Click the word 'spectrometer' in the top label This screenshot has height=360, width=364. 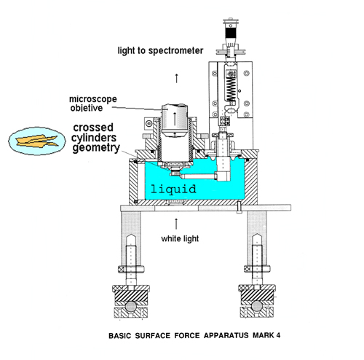pos(175,51)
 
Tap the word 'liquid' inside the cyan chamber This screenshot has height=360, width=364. pos(173,189)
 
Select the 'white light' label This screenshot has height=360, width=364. pos(180,238)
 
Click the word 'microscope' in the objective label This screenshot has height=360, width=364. pos(93,99)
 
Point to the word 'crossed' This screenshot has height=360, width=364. pos(93,128)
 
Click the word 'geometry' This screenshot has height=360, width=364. pos(96,148)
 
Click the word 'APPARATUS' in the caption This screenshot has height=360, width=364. pos(226,335)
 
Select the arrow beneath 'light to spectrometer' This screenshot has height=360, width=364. pos(177,78)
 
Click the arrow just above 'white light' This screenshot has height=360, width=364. pos(176,224)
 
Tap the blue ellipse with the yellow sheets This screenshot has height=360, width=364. pos(37,141)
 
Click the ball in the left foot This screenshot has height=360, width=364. pos(131,306)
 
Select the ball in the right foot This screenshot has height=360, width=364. pos(257,306)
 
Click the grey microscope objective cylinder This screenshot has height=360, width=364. pos(175,120)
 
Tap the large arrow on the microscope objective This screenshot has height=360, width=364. pos(175,119)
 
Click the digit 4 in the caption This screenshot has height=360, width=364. pos(278,335)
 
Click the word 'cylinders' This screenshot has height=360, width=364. pos(94,138)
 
